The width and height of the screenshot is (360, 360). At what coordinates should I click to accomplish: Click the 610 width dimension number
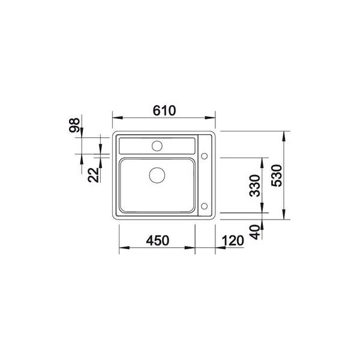coord(164,110)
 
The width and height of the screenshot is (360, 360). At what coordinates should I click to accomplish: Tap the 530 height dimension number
coord(276,176)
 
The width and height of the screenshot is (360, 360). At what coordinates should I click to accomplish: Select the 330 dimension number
coord(255,186)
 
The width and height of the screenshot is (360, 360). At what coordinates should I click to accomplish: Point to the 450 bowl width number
coord(157,241)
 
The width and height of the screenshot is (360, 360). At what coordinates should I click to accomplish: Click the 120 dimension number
coord(233,241)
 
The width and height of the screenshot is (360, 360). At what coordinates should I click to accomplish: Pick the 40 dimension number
coord(255,232)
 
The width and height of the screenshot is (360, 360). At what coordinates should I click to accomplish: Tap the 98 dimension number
coord(74,125)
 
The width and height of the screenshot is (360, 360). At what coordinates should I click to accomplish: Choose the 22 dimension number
coord(93,175)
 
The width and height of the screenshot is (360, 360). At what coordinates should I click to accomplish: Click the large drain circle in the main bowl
coord(157,175)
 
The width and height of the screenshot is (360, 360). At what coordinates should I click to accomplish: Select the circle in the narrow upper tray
coord(157,146)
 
